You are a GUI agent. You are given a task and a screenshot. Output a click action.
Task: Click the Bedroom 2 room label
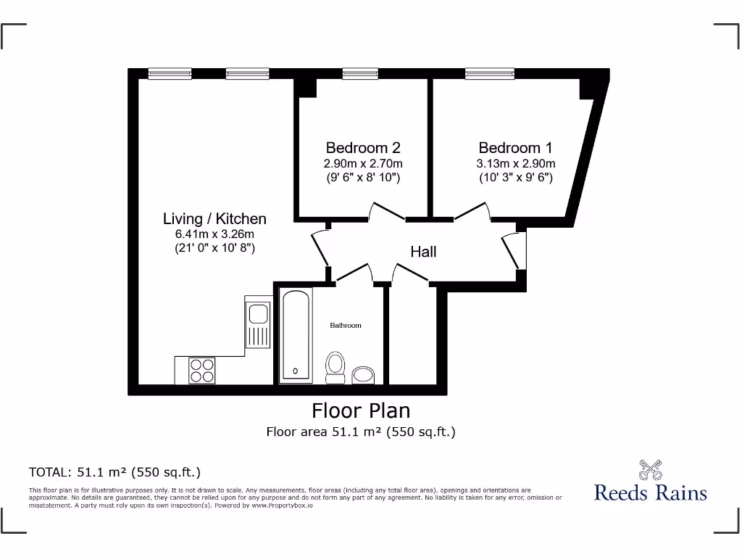point(362,147)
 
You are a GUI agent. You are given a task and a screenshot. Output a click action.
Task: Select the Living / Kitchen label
point(214,218)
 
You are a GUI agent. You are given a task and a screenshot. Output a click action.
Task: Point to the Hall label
point(423,252)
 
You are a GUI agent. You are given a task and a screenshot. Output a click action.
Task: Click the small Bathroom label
point(346,326)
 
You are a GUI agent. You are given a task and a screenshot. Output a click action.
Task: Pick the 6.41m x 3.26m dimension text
point(214,234)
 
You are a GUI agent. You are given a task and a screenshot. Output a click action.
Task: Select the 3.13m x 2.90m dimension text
point(515,163)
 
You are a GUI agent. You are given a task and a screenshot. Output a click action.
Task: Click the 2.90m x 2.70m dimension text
point(362,163)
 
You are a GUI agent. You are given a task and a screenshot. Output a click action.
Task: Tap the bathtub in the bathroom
point(296,334)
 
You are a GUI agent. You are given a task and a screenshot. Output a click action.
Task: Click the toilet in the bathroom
point(335,367)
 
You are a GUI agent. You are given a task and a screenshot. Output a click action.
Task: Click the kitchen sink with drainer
point(257,324)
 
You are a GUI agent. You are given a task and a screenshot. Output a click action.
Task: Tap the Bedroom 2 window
point(360,73)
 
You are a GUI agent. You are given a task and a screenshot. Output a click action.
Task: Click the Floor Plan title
point(361,410)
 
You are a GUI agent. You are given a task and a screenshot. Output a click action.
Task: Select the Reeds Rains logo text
point(650,492)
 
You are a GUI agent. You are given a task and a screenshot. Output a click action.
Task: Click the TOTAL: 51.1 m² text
point(114,472)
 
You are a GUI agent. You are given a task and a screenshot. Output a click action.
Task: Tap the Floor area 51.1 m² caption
point(361,432)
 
